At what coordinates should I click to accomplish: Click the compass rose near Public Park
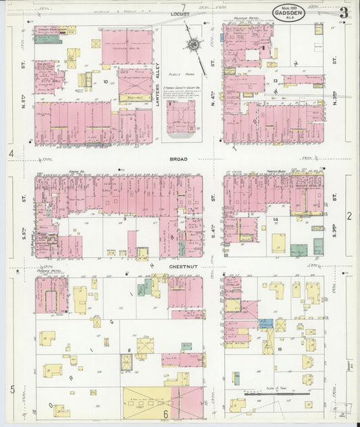pos(194,45)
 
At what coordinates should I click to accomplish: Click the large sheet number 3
pos(344,13)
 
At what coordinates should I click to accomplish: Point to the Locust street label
pos(181,14)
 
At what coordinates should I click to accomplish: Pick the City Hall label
pos(47,80)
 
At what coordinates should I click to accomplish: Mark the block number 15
pos(279,349)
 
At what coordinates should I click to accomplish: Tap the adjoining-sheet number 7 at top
pos(182,7)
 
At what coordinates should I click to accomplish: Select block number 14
pos(276,220)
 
